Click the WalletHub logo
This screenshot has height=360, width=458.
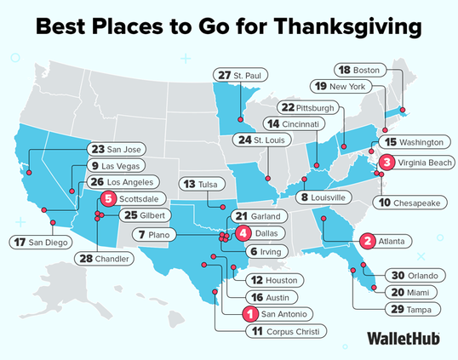(x=403, y=338)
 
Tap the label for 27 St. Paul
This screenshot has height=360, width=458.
(x=240, y=76)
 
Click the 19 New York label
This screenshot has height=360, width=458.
(x=341, y=86)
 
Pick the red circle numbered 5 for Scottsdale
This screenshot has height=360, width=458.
(x=107, y=199)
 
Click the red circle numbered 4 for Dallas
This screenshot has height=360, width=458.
(x=243, y=232)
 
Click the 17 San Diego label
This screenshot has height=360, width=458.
(x=43, y=243)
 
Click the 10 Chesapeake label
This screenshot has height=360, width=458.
(x=408, y=203)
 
